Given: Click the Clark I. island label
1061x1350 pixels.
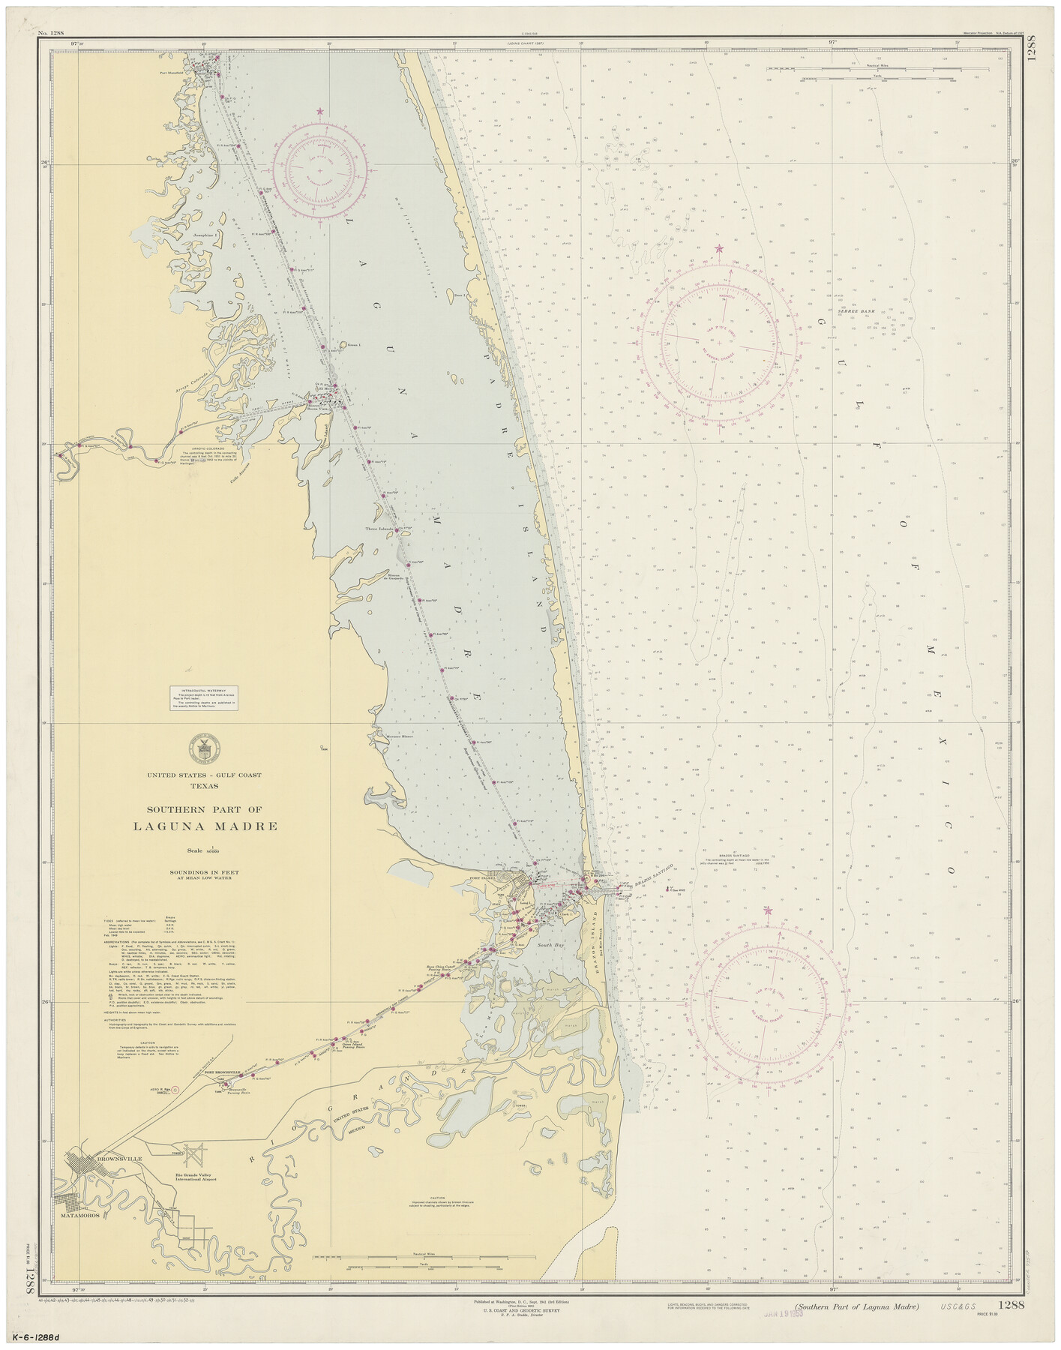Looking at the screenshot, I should click(568, 914).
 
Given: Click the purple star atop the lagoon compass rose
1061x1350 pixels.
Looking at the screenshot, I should click(320, 112).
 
